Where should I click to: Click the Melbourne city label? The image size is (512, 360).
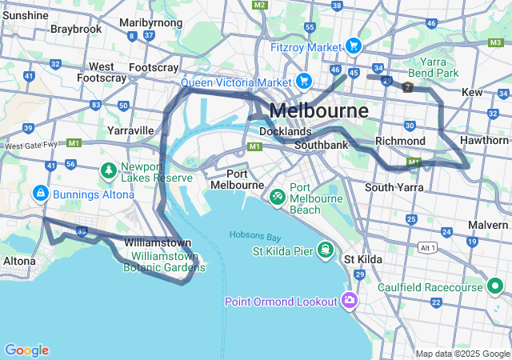point(319,110)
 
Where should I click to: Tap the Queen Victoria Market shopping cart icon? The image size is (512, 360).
point(304,81)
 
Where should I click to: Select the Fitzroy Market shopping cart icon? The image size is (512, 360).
point(354,46)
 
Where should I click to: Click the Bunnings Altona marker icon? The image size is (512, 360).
point(39,194)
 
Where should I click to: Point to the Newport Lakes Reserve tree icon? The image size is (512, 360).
point(108,170)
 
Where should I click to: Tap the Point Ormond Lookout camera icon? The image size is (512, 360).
point(348,301)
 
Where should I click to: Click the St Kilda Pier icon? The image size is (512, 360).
point(326,251)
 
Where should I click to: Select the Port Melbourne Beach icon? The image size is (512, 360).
point(277,195)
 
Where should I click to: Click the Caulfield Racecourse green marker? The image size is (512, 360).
point(495,286)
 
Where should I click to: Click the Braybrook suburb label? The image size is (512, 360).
point(76,29)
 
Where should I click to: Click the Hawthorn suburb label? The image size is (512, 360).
point(485,139)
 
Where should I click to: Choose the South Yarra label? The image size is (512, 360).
point(393,187)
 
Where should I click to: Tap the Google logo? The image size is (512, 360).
point(26,350)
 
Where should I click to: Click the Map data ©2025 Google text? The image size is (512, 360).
point(462,354)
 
